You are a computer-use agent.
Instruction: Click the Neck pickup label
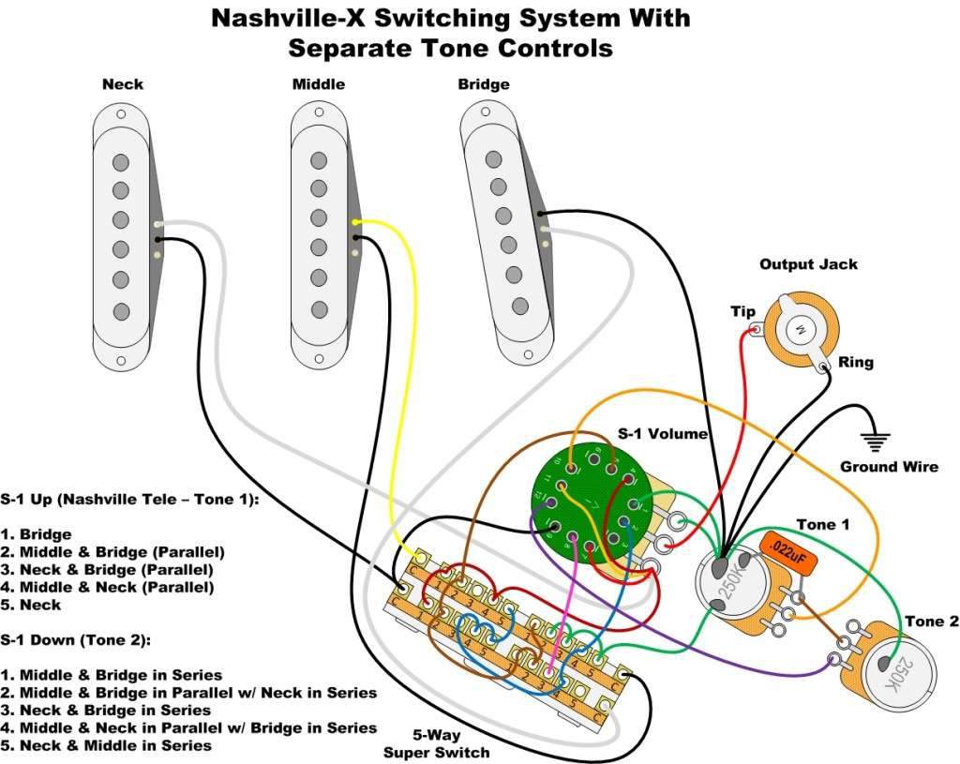123,84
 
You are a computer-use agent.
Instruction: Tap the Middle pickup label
319,84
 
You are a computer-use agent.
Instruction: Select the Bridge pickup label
484,84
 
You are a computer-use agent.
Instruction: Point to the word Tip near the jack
742,311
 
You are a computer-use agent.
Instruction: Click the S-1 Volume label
662,434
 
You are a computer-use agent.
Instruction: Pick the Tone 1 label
822,524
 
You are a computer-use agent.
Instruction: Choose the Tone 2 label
931,622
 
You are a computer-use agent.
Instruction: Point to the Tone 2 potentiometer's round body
897,668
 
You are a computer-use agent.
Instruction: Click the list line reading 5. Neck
31,605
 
